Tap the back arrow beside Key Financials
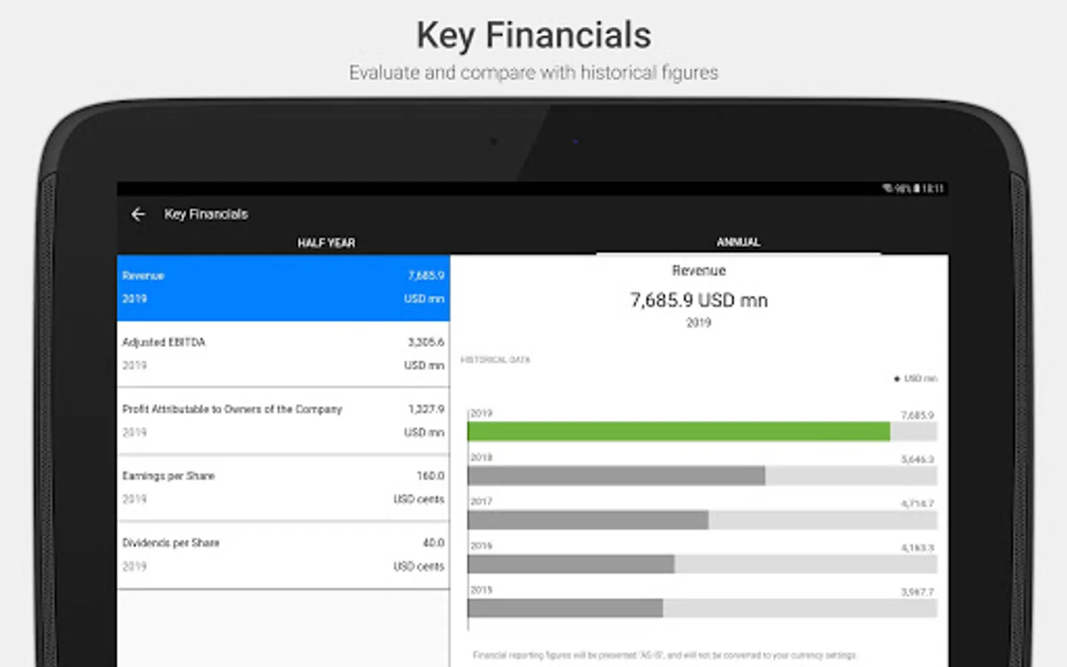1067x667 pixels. point(138,214)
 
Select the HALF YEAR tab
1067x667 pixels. point(326,243)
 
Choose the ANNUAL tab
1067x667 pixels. point(738,242)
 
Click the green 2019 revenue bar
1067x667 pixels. point(678,431)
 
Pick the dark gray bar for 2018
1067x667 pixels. point(616,476)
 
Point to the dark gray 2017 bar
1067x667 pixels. point(588,520)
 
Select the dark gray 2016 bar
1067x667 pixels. point(571,565)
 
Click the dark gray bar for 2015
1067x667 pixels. point(565,608)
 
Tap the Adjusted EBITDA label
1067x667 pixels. point(164,342)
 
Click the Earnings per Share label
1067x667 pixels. point(168,476)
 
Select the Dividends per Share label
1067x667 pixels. point(170,542)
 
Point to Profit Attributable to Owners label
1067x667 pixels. point(232,409)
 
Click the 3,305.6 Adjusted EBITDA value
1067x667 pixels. point(426,342)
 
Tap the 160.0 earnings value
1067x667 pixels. point(431,476)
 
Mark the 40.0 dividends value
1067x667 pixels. point(433,542)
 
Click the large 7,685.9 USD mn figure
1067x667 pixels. point(699,300)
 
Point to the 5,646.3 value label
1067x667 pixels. point(917,459)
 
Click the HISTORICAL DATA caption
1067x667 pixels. point(496,360)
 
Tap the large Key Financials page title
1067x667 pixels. point(533,36)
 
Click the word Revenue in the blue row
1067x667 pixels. point(143,276)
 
